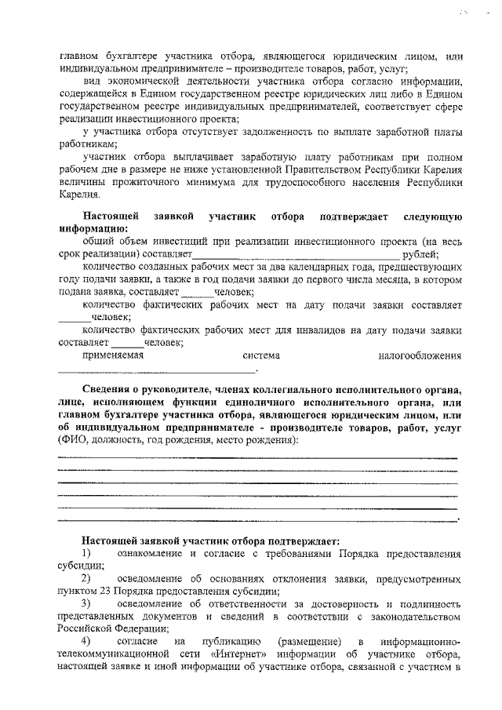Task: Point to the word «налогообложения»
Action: pyautogui.click(x=420, y=356)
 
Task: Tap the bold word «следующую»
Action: pyautogui.click(x=431, y=216)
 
